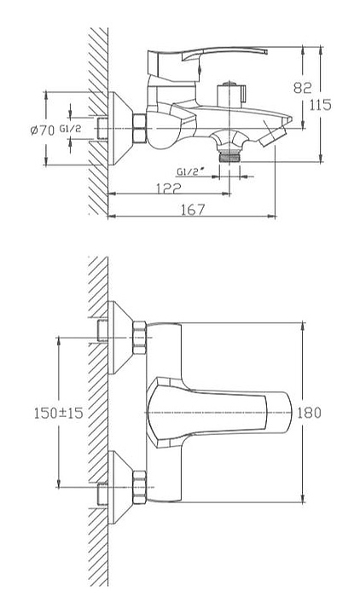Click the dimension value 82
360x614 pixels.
point(302,88)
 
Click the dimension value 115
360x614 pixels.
point(321,105)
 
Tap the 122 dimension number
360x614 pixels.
point(169,188)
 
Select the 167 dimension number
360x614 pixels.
point(193,210)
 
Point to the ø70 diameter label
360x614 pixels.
point(43,130)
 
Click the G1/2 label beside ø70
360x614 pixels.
point(71,129)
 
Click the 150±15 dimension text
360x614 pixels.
point(59,413)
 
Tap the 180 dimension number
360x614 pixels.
point(309,413)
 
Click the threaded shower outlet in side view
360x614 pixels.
point(229,157)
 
